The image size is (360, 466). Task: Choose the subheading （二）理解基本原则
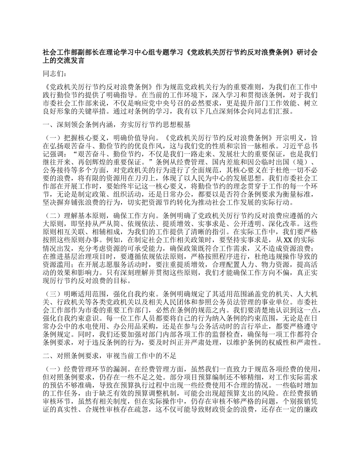(x=74, y=216)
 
